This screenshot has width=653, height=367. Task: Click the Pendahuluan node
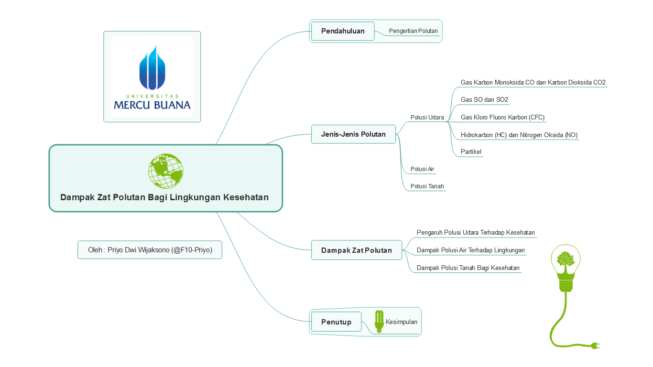pyautogui.click(x=343, y=31)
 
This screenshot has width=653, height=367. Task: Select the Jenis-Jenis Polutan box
pyautogui.click(x=353, y=134)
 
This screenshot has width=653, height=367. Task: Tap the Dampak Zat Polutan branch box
pyautogui.click(x=357, y=250)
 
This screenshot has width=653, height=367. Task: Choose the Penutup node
pyautogui.click(x=337, y=322)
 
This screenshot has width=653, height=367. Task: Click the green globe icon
pyautogui.click(x=165, y=171)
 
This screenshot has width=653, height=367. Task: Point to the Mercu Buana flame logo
pyautogui.click(x=152, y=67)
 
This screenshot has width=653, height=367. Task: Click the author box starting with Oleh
pyautogui.click(x=150, y=250)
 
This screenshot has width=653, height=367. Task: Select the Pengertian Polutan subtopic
pyautogui.click(x=413, y=31)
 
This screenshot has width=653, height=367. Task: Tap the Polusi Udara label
pyautogui.click(x=427, y=118)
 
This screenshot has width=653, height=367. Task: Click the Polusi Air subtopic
pyautogui.click(x=422, y=169)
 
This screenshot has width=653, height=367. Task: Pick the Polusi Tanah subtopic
pyautogui.click(x=427, y=186)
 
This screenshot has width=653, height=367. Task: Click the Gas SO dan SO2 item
pyautogui.click(x=484, y=100)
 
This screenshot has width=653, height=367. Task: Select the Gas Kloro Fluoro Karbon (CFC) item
pyautogui.click(x=502, y=118)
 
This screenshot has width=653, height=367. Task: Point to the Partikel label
pyautogui.click(x=471, y=152)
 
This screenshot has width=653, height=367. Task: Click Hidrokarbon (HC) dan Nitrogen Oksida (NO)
pyautogui.click(x=519, y=135)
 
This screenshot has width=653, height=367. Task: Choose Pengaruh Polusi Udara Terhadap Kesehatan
pyautogui.click(x=476, y=233)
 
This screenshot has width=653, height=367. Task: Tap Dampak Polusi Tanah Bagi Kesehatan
pyautogui.click(x=468, y=268)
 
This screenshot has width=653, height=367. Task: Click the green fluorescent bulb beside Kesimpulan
pyautogui.click(x=379, y=322)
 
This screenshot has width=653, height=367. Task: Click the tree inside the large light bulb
pyautogui.click(x=565, y=260)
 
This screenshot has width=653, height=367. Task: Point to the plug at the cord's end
pyautogui.click(x=595, y=346)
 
